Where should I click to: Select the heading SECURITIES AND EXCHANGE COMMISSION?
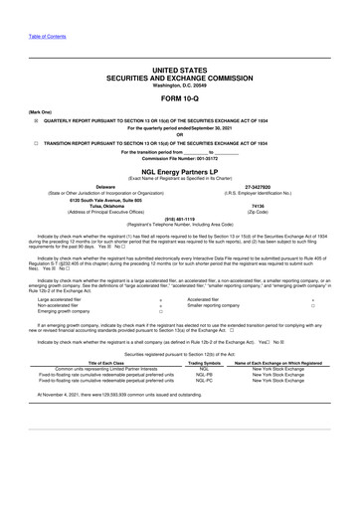point(179,77)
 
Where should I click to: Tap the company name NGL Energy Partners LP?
point(179,171)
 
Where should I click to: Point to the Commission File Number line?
point(179,158)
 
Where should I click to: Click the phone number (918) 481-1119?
point(179,219)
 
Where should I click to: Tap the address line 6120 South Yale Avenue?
point(103,199)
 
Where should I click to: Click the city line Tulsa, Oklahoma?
point(105,206)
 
